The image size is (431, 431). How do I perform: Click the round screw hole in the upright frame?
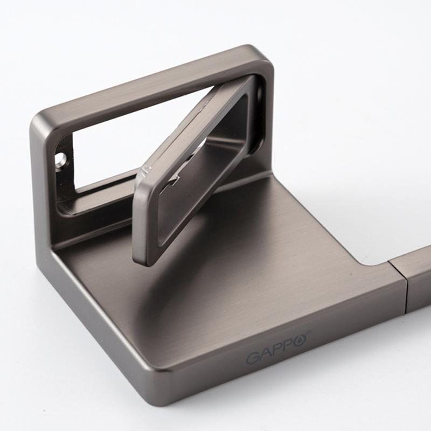point(61,159)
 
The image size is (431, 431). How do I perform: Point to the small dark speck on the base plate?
point(351,274)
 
